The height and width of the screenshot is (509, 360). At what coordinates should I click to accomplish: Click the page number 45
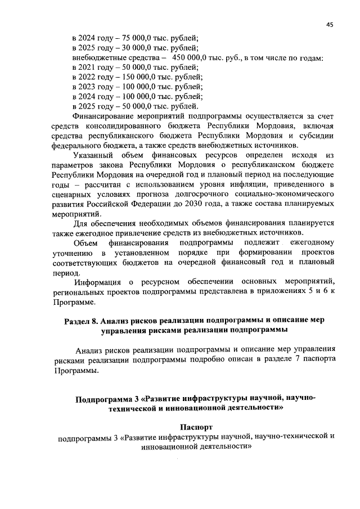(x=330, y=24)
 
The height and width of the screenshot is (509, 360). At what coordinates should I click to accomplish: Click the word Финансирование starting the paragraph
(x=107, y=115)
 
